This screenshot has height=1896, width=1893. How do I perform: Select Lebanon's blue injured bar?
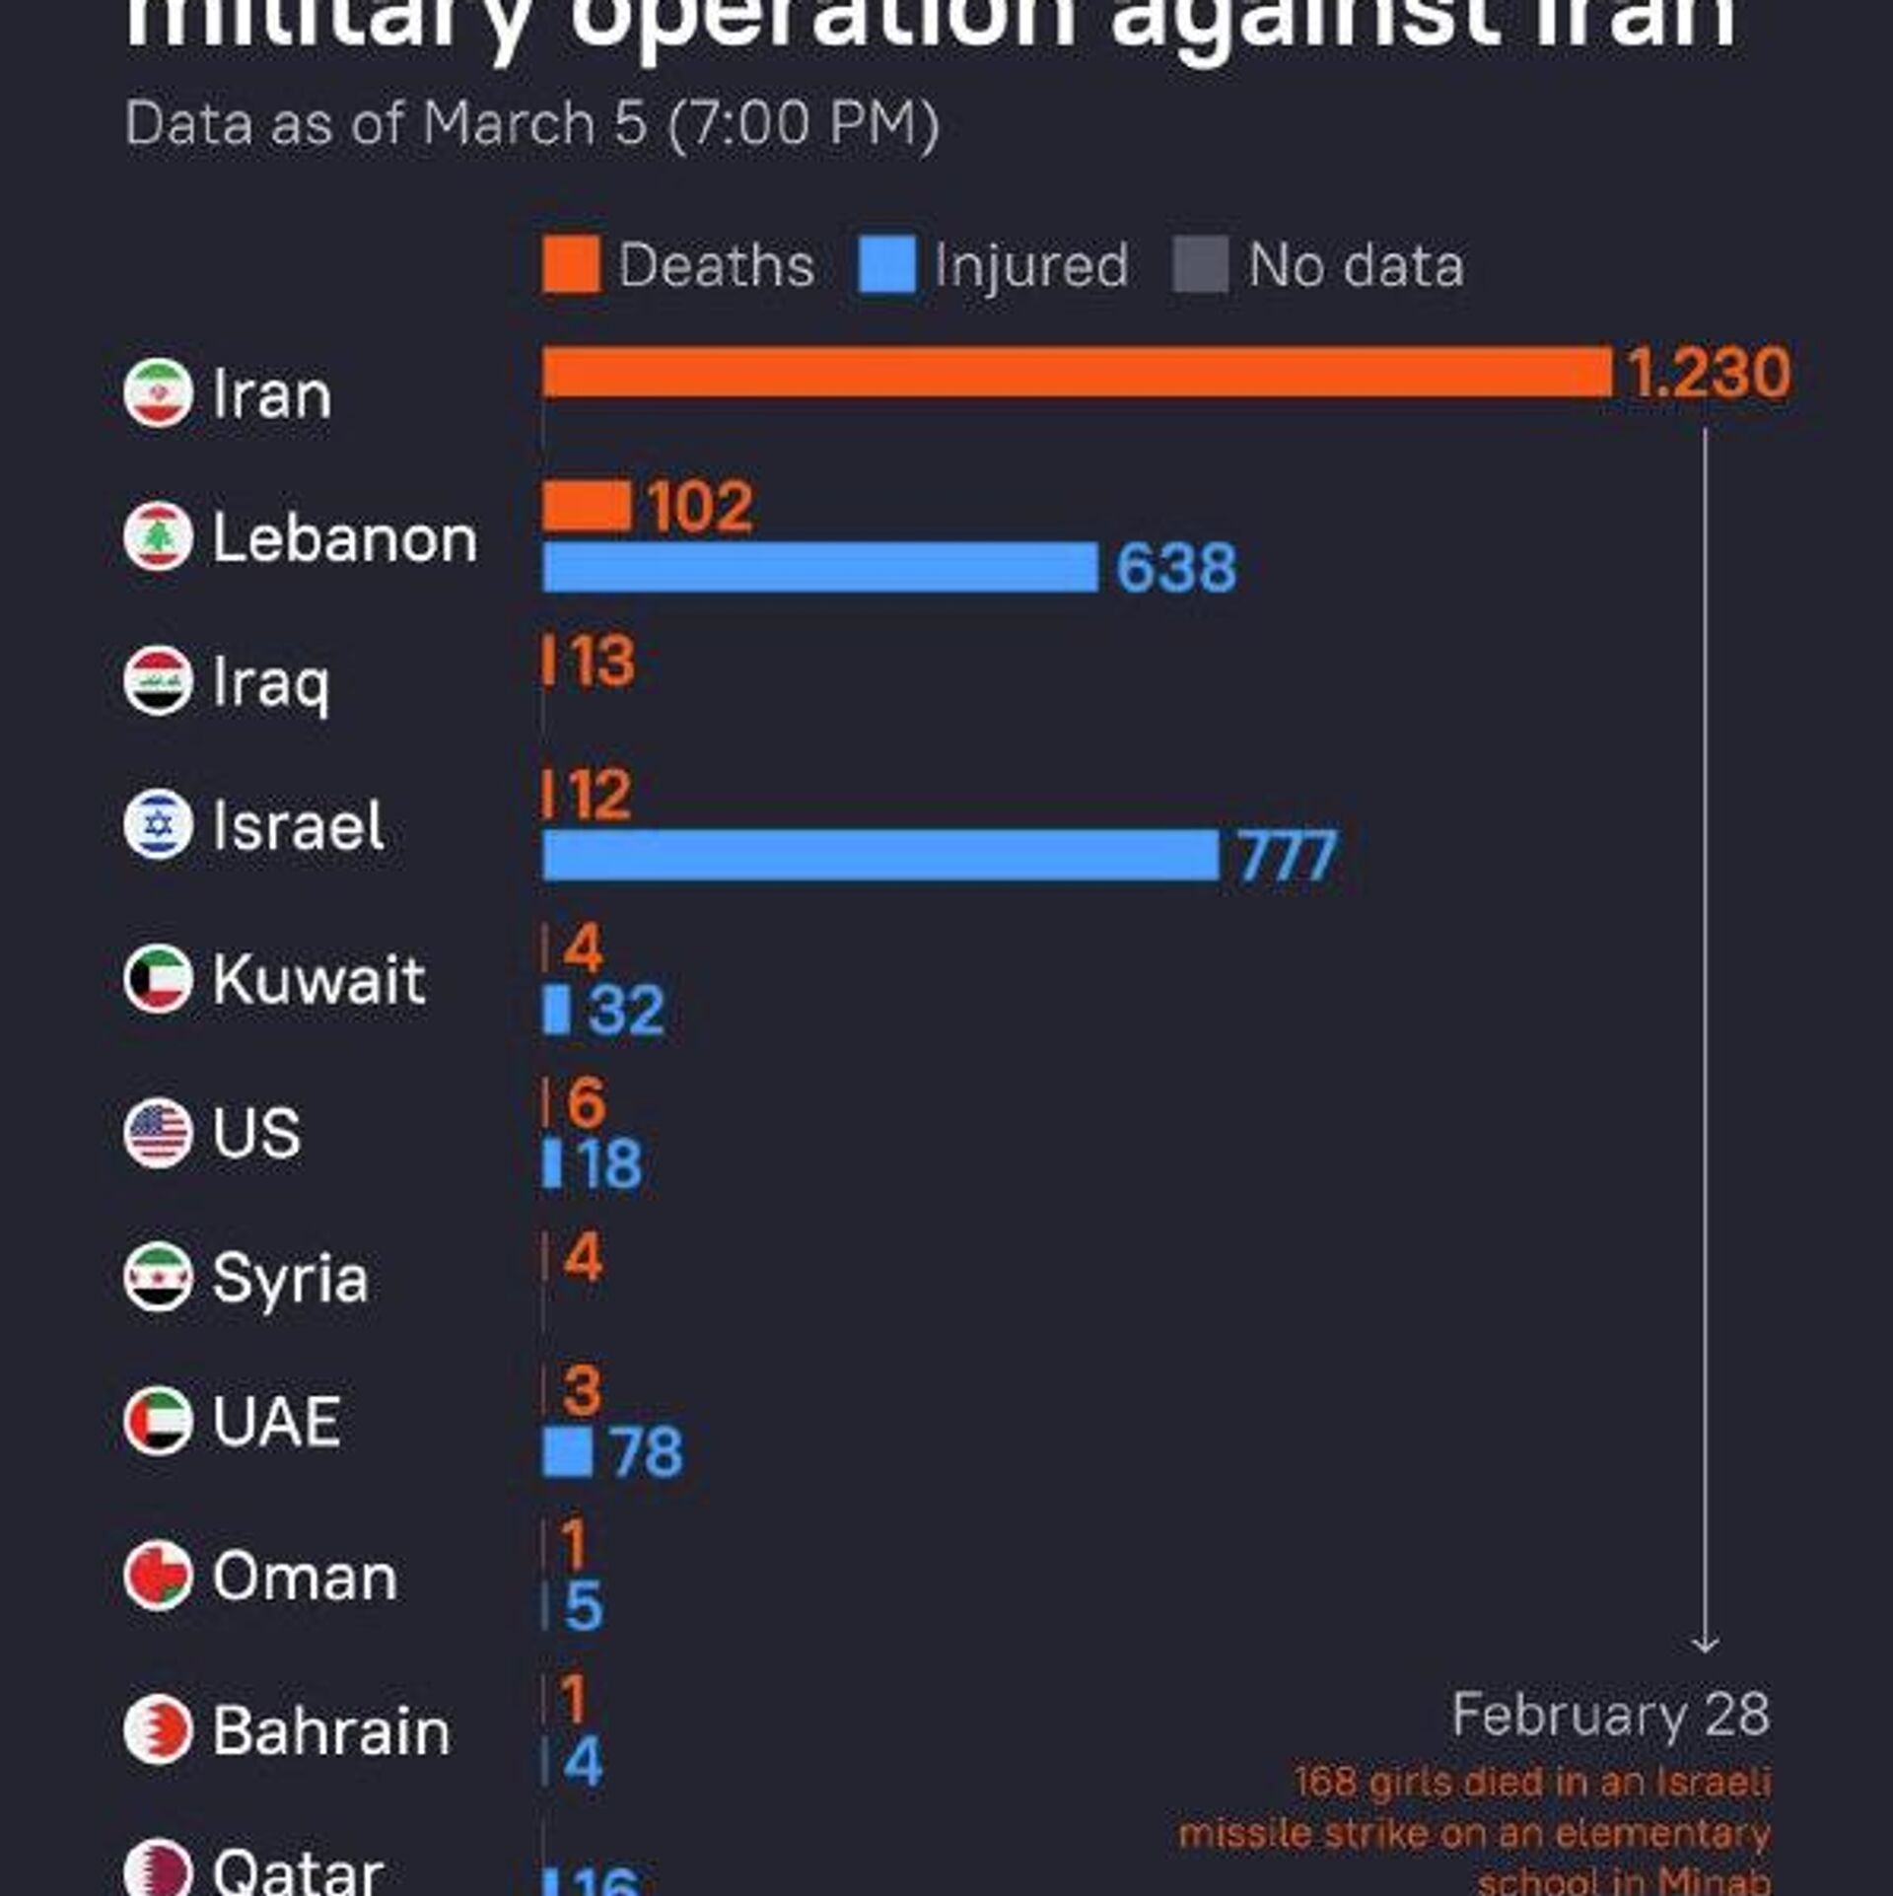(x=819, y=567)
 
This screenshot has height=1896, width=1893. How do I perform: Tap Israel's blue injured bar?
(x=880, y=855)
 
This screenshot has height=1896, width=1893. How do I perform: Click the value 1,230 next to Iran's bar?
(x=1709, y=373)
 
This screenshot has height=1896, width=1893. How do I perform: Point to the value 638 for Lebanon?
(x=1175, y=568)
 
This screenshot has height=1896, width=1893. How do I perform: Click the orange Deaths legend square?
(x=571, y=264)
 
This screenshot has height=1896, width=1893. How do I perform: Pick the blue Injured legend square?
(x=886, y=264)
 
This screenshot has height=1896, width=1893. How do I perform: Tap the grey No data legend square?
(x=1200, y=264)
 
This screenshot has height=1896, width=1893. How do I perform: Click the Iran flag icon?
(x=158, y=393)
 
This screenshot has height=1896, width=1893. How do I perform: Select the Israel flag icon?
(x=158, y=824)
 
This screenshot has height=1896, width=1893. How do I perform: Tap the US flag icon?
(x=158, y=1133)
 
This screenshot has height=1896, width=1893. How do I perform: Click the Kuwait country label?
(x=318, y=979)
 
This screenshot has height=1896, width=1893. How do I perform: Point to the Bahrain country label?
(x=331, y=1731)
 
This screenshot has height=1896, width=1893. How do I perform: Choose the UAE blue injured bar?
(x=567, y=1452)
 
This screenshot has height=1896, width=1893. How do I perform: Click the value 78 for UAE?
(x=647, y=1452)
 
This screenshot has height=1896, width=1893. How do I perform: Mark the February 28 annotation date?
(x=1610, y=1715)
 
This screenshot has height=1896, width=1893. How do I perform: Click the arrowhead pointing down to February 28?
(x=1705, y=1646)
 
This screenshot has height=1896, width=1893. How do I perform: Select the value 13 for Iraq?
(x=602, y=661)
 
